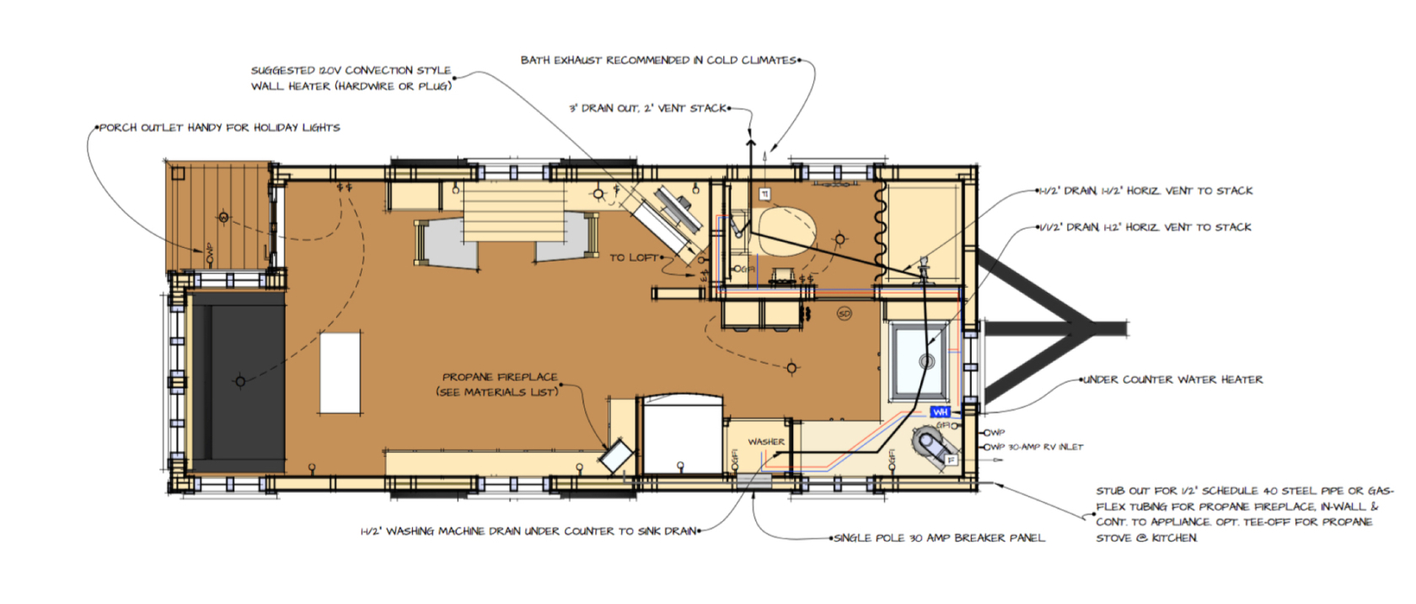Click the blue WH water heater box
pyautogui.click(x=940, y=412)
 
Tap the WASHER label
pyautogui.click(x=765, y=441)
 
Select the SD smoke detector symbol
pyautogui.click(x=844, y=314)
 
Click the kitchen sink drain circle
pyautogui.click(x=926, y=362)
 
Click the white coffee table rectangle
pyautogui.click(x=340, y=373)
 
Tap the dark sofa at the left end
pyautogui.click(x=237, y=381)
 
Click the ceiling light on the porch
pyautogui.click(x=223, y=218)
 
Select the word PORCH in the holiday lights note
pyautogui.click(x=118, y=128)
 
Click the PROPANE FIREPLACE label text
pyautogui.click(x=500, y=377)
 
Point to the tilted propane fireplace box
pyautogui.click(x=616, y=456)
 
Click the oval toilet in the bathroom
pyautogui.click(x=787, y=229)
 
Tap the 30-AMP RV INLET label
pyautogui.click(x=1045, y=447)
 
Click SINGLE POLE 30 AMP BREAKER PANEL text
pyautogui.click(x=939, y=537)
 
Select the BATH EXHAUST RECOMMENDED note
pyautogui.click(x=657, y=60)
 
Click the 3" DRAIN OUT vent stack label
pyautogui.click(x=646, y=109)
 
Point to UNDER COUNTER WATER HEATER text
pyautogui.click(x=1172, y=380)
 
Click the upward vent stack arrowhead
pyautogui.click(x=749, y=143)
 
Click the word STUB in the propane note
pyautogui.click(x=1108, y=491)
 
